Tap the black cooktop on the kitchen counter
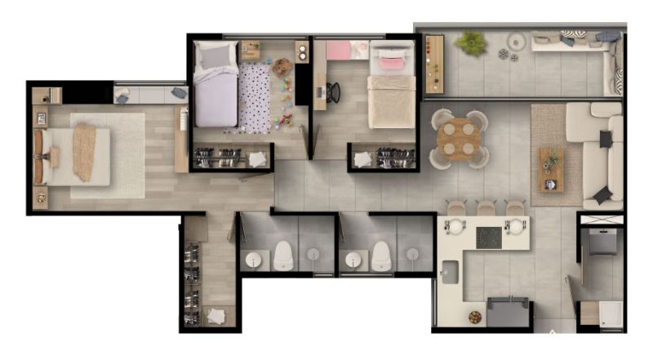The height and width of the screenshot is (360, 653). [489, 237]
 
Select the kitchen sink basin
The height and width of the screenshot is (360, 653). [450, 272]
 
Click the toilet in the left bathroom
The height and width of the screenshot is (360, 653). [283, 256]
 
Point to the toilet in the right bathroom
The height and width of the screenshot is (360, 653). [381, 256]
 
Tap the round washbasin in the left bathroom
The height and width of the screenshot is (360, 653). [253, 260]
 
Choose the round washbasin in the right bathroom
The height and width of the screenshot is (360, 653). [353, 260]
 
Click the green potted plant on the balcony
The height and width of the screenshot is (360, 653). [471, 42]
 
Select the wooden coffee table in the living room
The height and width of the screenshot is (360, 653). [551, 169]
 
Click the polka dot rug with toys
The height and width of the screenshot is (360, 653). [255, 98]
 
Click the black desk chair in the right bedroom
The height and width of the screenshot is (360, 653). [333, 92]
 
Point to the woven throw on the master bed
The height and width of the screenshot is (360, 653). [84, 151]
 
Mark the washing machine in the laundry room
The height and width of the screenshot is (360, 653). [603, 242]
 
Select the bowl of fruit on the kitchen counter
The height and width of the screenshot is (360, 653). [475, 317]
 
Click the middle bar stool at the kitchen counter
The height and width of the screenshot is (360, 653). [486, 208]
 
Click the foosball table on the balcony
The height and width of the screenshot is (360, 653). [433, 64]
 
